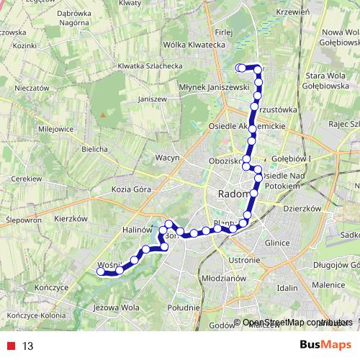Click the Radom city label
pyautogui.click(x=233, y=194)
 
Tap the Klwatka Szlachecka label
pyautogui.click(x=150, y=66)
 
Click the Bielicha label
pyautogui.click(x=94, y=149)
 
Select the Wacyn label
pyautogui.click(x=167, y=157)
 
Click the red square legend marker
pyautogui.click(x=10, y=346)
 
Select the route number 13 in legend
pyautogui.click(x=28, y=346)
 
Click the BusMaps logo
pyautogui.click(x=325, y=345)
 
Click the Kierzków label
pyautogui.click(x=70, y=218)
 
